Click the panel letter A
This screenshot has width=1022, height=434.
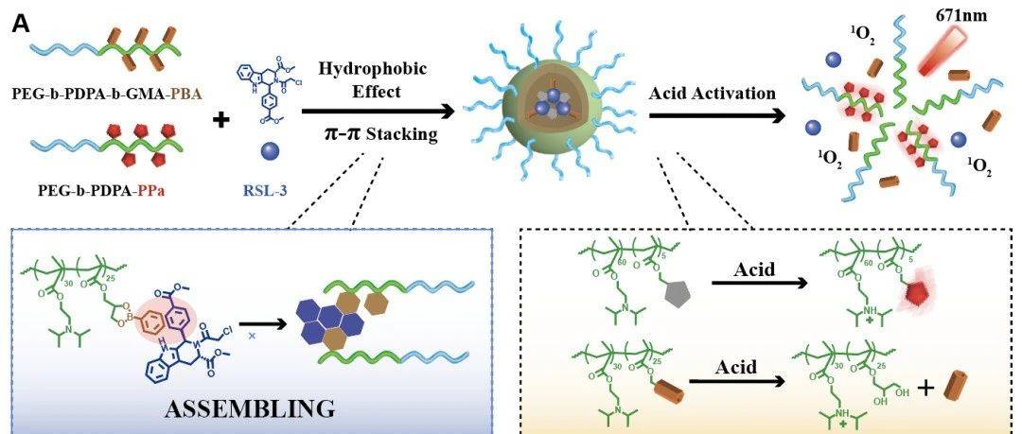coord(21,25)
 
